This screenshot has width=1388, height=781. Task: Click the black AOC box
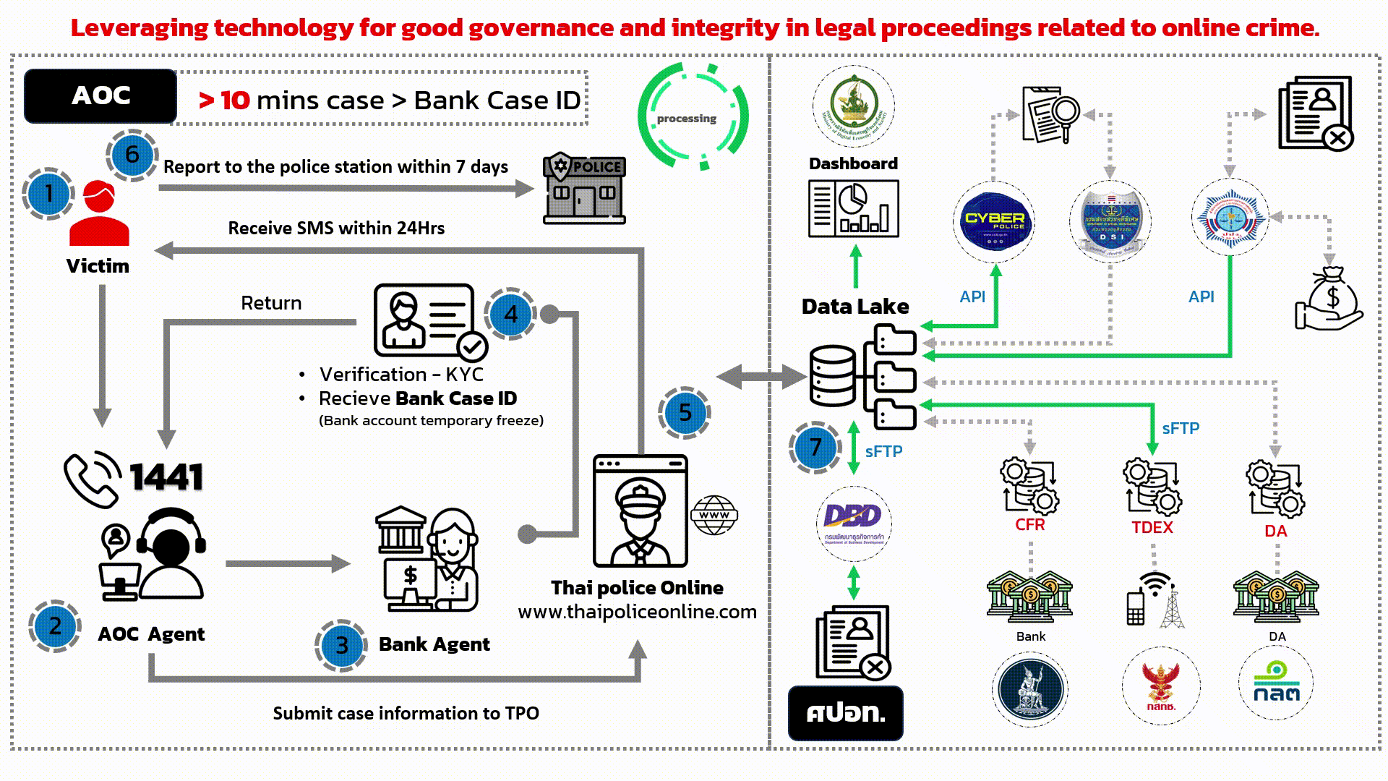tap(100, 96)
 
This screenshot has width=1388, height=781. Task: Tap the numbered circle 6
tap(132, 155)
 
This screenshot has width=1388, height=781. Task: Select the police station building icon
tap(584, 188)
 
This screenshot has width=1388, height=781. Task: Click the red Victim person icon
tap(99, 214)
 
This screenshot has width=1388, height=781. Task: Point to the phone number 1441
tap(166, 478)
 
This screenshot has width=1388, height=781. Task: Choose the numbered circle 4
tap(511, 315)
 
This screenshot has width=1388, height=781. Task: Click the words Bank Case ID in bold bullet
tap(456, 398)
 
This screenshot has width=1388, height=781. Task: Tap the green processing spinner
tap(693, 117)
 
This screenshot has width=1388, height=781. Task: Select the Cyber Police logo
tap(995, 221)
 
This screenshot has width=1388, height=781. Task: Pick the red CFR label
tap(1029, 525)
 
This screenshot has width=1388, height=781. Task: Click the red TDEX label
tap(1152, 528)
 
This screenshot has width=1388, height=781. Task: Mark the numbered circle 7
tap(815, 448)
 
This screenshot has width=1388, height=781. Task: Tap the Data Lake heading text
tap(855, 307)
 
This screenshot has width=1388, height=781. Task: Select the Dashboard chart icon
tap(853, 209)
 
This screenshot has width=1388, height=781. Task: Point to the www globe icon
tap(714, 515)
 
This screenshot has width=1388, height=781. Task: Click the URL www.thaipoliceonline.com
tap(637, 612)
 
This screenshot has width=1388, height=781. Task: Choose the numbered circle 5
tap(685, 412)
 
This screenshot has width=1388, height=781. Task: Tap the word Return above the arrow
tap(271, 303)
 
